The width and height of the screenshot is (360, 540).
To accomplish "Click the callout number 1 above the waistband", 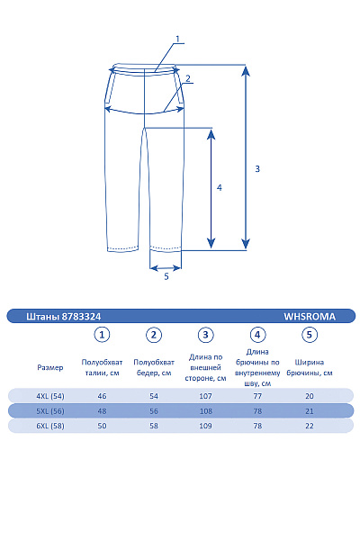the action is pyautogui.click(x=178, y=39).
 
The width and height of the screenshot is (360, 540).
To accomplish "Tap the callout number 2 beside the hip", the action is pyautogui.click(x=188, y=78).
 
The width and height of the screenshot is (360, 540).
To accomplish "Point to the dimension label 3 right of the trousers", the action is pyautogui.click(x=257, y=169).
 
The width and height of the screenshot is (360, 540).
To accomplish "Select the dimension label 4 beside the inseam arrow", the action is pyautogui.click(x=220, y=188).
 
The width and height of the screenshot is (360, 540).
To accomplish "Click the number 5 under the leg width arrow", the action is pyautogui.click(x=166, y=276).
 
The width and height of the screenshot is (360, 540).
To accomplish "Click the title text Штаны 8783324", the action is pyautogui.click(x=64, y=317).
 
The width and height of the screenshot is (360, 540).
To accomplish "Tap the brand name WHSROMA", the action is pyautogui.click(x=310, y=317).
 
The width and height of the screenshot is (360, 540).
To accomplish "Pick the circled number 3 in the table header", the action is pyautogui.click(x=206, y=335).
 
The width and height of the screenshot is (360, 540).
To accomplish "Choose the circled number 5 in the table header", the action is pyautogui.click(x=310, y=335).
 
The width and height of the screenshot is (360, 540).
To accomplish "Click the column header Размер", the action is pyautogui.click(x=50, y=367).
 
